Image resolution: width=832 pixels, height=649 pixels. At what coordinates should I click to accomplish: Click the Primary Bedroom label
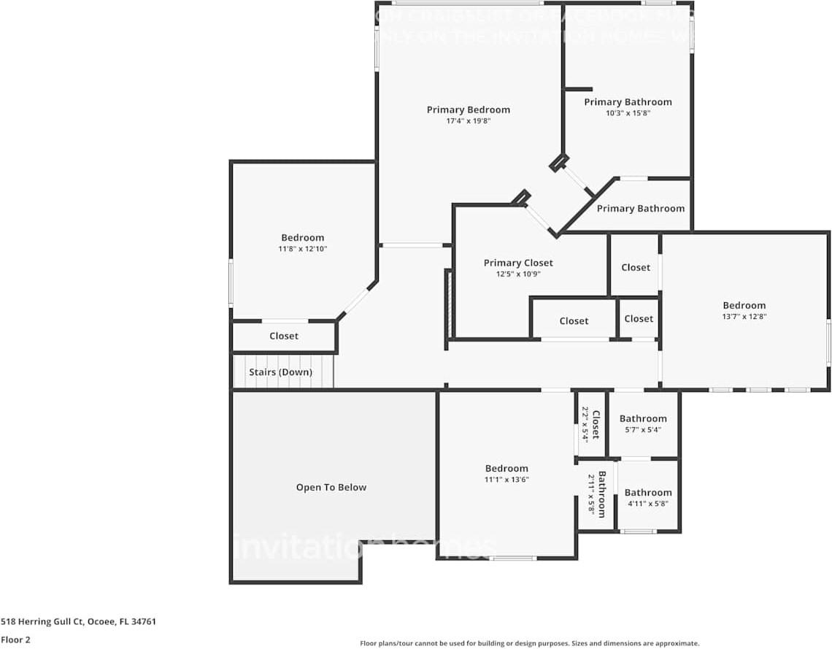point(468,110)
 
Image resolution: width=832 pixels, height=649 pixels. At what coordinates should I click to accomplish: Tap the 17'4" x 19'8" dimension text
point(468,121)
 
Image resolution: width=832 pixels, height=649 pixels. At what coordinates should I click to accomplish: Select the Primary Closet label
point(518,263)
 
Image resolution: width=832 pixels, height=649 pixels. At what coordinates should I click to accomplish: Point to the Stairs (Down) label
point(280,372)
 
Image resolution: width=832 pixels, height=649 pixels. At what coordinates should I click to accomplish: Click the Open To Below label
point(331,487)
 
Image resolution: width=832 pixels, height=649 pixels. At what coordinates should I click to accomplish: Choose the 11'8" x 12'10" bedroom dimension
point(302,249)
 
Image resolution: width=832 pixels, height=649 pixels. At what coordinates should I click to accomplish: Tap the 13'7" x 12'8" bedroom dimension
point(744,317)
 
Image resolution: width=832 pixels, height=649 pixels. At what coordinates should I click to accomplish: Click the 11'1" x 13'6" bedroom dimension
point(506,480)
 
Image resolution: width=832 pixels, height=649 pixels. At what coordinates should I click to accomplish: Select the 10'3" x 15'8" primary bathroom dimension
point(627,113)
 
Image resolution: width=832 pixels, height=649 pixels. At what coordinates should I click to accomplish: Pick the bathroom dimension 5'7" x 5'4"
point(642,430)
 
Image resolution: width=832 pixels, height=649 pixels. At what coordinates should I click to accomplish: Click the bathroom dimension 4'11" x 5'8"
point(647,504)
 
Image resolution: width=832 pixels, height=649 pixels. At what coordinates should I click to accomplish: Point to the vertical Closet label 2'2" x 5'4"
point(595,425)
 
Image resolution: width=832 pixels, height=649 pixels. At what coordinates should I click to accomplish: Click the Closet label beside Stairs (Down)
point(283,336)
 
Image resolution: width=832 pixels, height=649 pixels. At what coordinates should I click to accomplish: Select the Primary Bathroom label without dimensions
point(640,208)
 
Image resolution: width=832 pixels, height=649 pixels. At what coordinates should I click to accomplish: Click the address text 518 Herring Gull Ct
point(78,622)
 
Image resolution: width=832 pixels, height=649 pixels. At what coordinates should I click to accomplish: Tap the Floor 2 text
point(15,639)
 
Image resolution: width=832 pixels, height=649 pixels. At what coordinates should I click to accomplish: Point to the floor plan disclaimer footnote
point(529,643)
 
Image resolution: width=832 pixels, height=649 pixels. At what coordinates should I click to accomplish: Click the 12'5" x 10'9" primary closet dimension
point(518,274)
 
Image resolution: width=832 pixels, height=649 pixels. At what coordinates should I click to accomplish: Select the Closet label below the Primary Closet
point(574,320)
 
